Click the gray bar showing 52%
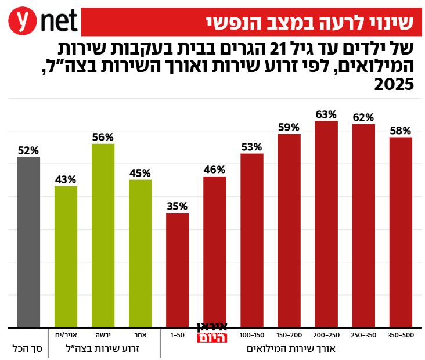click(28, 242)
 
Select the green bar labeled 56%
click(103, 235)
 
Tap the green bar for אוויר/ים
click(66, 256)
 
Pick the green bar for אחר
click(140, 253)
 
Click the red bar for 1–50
click(177, 270)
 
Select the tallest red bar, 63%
click(326, 224)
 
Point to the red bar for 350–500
click(401, 232)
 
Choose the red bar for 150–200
click(289, 231)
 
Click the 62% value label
click(363, 117)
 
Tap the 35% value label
click(177, 206)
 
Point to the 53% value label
click(251, 147)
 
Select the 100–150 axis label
click(251, 336)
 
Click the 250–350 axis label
click(363, 336)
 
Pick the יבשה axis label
click(103, 336)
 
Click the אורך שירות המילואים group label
click(289, 349)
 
